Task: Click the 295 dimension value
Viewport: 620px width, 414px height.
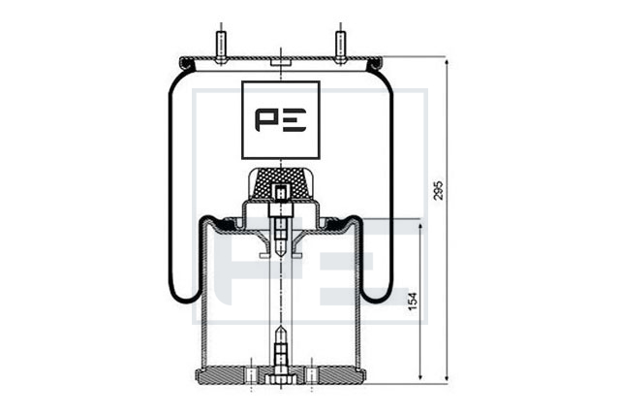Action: click(x=439, y=191)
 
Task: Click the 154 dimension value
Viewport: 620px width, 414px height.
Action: click(x=413, y=302)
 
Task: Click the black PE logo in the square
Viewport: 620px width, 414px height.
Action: click(x=280, y=120)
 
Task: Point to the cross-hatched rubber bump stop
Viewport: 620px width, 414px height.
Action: click(x=280, y=183)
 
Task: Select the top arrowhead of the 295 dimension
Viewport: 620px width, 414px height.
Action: click(x=447, y=62)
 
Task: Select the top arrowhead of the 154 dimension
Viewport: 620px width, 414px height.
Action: click(x=420, y=227)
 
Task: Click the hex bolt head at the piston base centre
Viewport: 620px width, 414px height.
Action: click(x=280, y=379)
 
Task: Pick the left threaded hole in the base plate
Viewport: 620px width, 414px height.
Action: click(x=252, y=375)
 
